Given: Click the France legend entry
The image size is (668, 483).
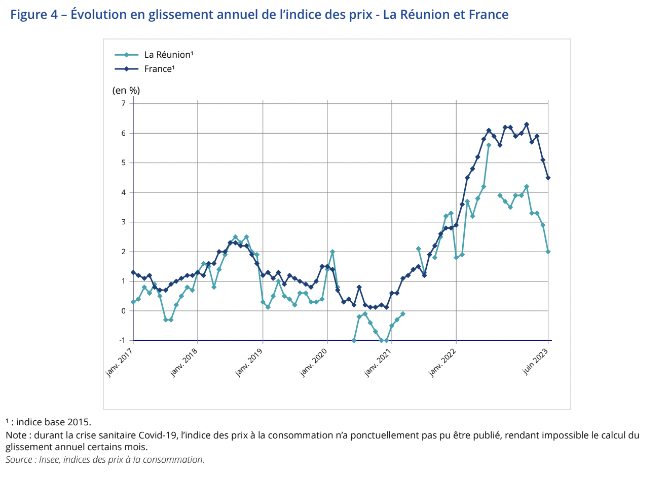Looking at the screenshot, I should (159, 69).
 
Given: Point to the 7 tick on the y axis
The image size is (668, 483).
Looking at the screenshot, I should (123, 103).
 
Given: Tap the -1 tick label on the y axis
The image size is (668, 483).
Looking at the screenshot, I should (122, 340).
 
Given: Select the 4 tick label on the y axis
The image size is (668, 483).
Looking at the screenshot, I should (123, 192).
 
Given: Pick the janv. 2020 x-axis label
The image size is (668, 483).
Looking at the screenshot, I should (313, 362).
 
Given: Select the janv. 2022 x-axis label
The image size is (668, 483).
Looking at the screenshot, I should (442, 362).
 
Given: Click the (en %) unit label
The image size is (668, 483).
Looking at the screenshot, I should (126, 91).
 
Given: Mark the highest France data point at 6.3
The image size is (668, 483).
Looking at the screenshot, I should (527, 124).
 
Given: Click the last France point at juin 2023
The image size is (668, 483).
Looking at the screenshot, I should (548, 178).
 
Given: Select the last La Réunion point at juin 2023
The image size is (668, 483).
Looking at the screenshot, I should (548, 252).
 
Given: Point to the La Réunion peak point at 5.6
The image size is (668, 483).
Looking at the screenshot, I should (489, 145).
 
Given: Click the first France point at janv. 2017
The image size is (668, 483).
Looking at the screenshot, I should (133, 272).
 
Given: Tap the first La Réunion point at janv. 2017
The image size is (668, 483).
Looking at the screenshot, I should (133, 302).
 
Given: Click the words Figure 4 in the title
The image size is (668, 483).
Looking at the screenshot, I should (34, 14).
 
